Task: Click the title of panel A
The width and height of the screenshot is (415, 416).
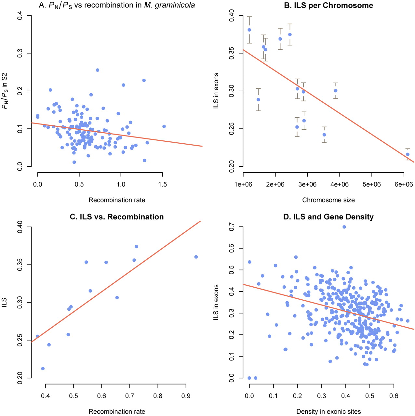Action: (117, 5)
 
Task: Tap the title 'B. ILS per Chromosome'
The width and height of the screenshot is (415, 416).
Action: (328, 5)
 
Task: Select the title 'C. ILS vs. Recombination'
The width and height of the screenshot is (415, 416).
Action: (117, 217)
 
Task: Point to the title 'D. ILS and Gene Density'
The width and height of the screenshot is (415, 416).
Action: (328, 217)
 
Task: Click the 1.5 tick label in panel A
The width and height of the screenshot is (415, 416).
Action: (163, 185)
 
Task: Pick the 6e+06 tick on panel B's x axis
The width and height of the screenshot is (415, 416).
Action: (404, 185)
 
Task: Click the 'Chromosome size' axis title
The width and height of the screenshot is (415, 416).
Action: (328, 200)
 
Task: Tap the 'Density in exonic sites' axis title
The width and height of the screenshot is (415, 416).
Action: (328, 412)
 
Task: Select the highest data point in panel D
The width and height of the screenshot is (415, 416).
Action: (344, 227)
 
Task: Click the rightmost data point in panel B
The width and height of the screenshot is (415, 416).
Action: (408, 154)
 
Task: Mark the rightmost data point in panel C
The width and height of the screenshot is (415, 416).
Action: (196, 257)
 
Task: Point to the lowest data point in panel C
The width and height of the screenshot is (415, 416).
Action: (43, 369)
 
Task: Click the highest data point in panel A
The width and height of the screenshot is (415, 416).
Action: (97, 70)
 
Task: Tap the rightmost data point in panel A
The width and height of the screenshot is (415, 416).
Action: (164, 126)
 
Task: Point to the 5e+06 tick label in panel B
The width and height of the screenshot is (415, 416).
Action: (371, 185)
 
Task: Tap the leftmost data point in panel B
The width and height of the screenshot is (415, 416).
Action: (249, 30)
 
